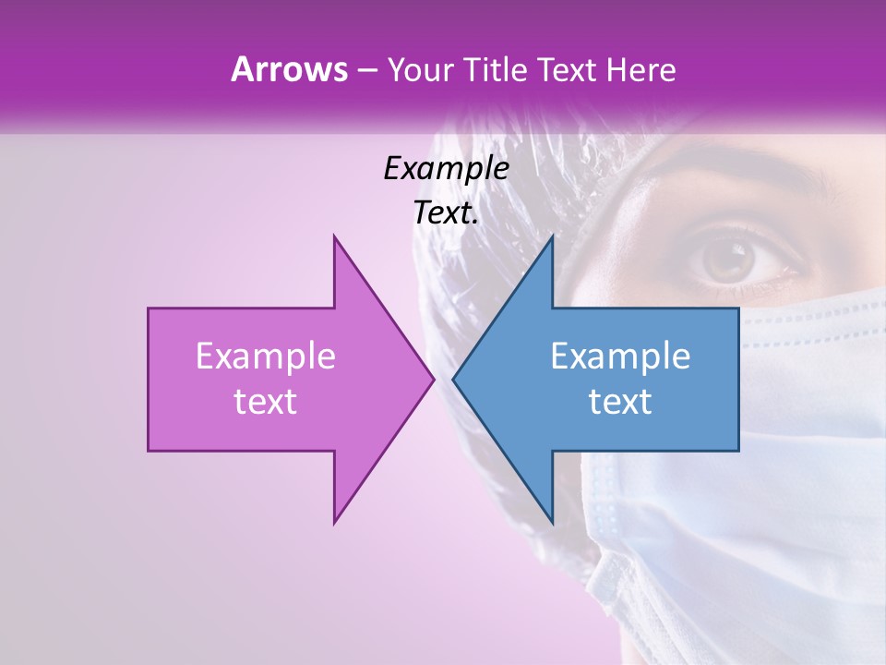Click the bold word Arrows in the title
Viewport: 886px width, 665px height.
pyautogui.click(x=288, y=69)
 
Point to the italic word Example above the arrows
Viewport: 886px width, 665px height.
pyautogui.click(x=446, y=168)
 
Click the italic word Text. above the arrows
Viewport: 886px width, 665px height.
pyautogui.click(x=446, y=213)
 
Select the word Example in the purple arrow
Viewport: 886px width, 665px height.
pyautogui.click(x=265, y=356)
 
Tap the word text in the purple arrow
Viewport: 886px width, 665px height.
pyautogui.click(x=265, y=402)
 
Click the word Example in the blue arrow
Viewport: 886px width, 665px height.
pyautogui.click(x=620, y=356)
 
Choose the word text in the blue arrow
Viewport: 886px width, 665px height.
pyautogui.click(x=620, y=402)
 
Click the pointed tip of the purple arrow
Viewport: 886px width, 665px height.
pyautogui.click(x=434, y=379)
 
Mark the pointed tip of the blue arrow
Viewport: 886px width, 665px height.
pyautogui.click(x=453, y=379)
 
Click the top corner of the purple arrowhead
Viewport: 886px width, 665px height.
pyautogui.click(x=334, y=236)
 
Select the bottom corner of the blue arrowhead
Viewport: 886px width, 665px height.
pyautogui.click(x=552, y=523)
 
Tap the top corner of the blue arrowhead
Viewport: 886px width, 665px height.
pyautogui.click(x=552, y=236)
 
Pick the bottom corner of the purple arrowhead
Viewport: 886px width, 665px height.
pyautogui.click(x=334, y=523)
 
